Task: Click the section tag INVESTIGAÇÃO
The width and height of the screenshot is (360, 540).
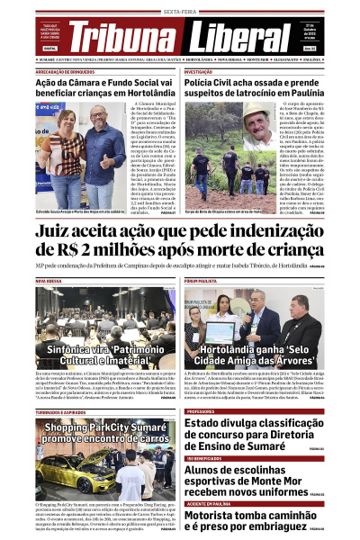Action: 199,70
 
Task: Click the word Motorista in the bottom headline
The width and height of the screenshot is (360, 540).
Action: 216,516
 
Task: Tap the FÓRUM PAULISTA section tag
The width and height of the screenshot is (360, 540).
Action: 202,281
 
